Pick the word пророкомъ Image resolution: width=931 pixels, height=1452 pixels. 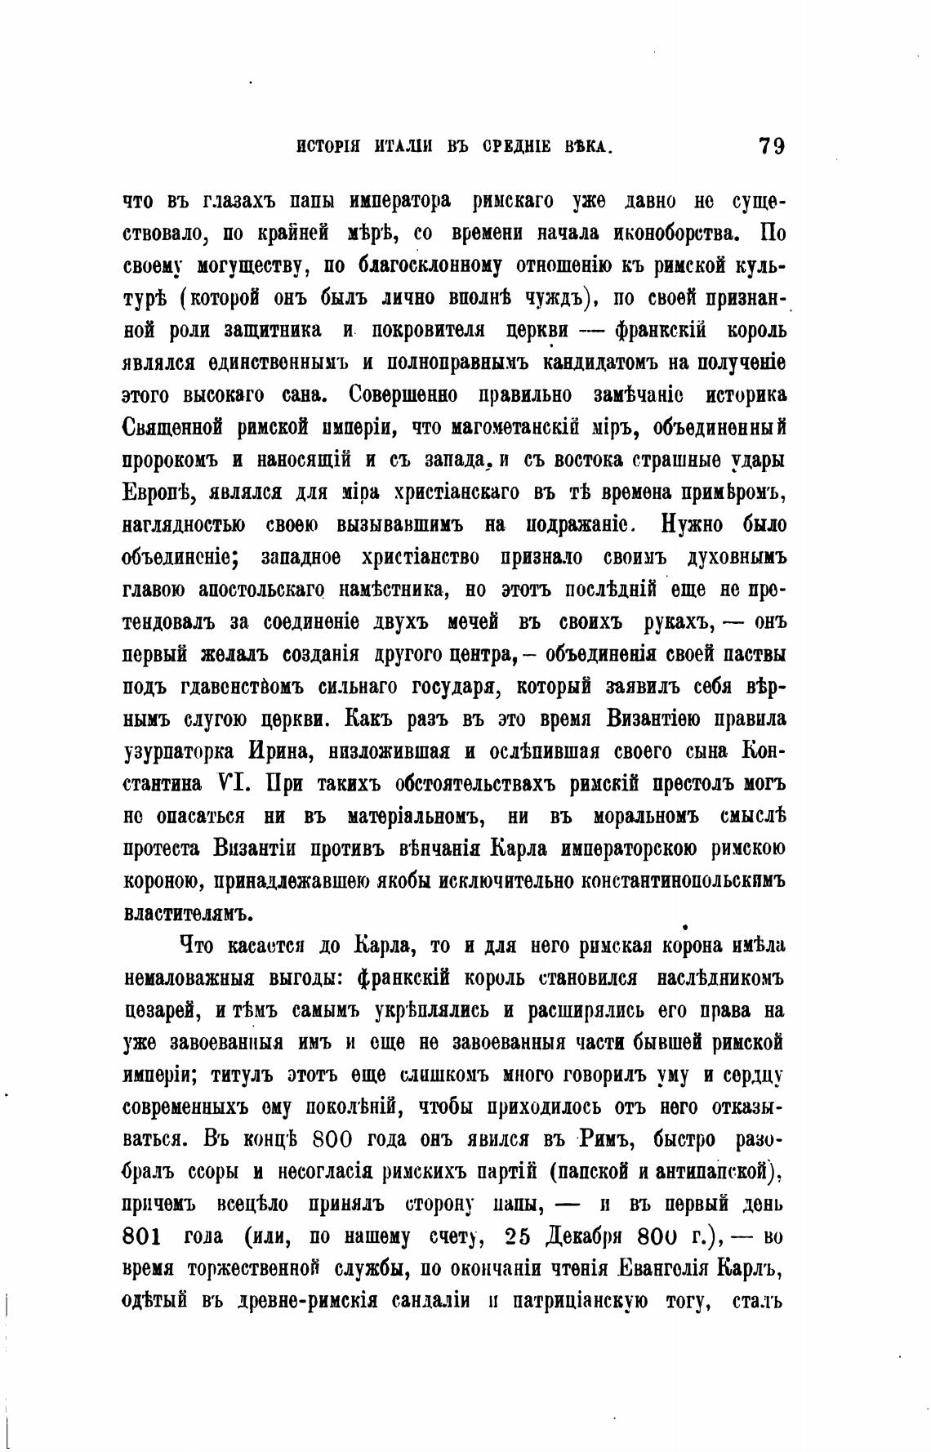(x=169, y=460)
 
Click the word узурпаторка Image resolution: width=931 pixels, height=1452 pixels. (x=178, y=751)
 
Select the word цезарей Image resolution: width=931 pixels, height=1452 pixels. (x=162, y=1011)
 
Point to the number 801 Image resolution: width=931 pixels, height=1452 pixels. (x=144, y=1236)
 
